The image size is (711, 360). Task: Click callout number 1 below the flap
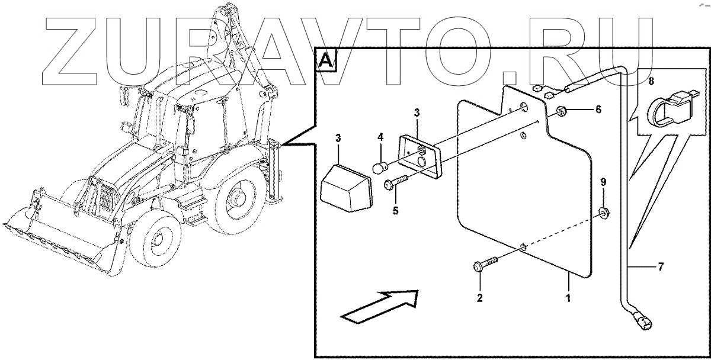[568, 298]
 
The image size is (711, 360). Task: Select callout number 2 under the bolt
[480, 298]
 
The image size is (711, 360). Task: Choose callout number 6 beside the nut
[598, 110]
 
